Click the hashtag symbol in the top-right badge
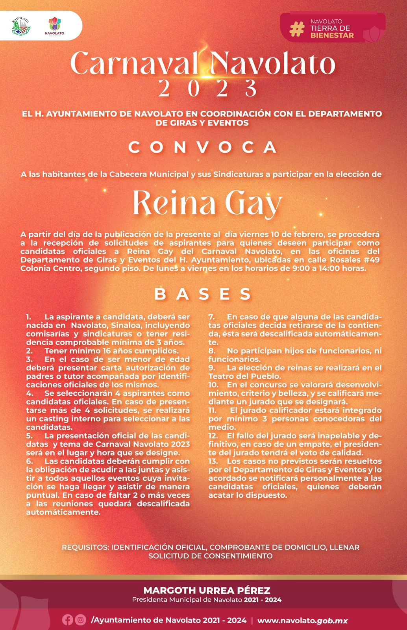click(297, 29)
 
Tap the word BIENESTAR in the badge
click(332, 35)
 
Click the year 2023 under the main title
click(207, 88)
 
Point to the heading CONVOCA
click(203, 148)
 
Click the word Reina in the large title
click(174, 203)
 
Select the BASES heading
click(203, 294)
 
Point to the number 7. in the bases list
click(211, 317)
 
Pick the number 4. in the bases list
click(29, 393)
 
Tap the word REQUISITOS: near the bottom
click(85, 547)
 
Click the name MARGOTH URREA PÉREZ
click(207, 590)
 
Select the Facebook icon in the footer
click(67, 620)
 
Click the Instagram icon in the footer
click(80, 620)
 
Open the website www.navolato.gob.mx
click(302, 621)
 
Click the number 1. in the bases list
click(29, 317)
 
